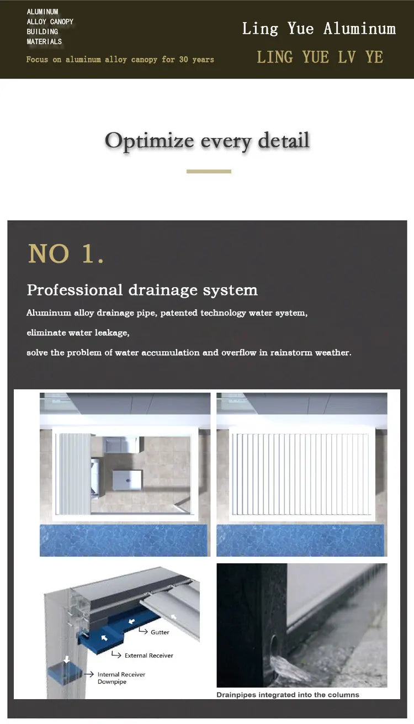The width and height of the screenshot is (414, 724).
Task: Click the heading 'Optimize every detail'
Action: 207,141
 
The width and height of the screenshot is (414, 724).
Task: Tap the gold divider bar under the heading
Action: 209,171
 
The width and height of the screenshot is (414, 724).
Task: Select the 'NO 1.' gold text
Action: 66,253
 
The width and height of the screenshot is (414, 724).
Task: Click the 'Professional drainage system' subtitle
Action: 142,290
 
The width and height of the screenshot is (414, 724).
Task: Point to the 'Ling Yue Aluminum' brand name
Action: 319,29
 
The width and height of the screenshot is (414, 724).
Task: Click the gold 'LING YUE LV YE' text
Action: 320,57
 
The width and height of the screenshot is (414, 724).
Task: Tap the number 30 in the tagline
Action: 184,60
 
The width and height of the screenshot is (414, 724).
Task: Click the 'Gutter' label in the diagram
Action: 160,632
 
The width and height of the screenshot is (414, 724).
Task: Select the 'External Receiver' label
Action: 149,656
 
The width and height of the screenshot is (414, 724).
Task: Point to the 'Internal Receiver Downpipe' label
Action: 121,678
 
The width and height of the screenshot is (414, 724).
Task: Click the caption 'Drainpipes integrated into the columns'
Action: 288,695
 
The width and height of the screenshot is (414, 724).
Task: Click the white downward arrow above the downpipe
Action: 66,659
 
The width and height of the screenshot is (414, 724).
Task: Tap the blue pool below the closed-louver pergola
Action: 300,540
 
